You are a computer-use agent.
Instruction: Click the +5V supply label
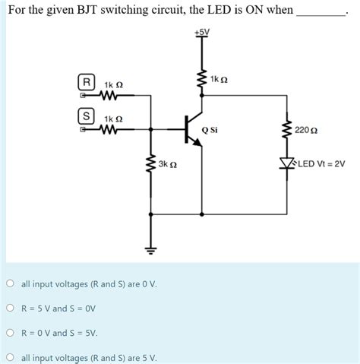(x=201, y=33)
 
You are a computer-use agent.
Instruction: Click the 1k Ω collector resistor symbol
(x=201, y=79)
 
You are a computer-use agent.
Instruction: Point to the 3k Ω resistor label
(x=168, y=164)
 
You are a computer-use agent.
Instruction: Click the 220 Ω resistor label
(x=306, y=131)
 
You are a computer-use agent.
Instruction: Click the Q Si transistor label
(x=210, y=130)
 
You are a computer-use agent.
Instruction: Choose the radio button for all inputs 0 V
(x=11, y=283)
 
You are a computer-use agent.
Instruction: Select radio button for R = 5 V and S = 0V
(x=11, y=309)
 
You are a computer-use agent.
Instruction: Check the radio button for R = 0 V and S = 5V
(x=11, y=333)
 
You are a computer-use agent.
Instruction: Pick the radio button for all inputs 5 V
(x=11, y=357)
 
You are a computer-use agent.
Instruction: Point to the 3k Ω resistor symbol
(x=150, y=164)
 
